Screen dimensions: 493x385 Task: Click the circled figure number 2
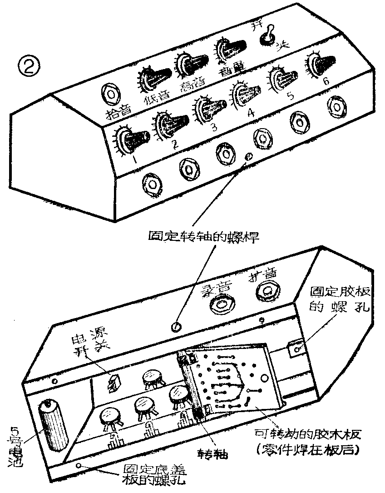tap(29, 67)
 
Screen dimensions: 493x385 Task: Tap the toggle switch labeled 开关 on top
tap(269, 36)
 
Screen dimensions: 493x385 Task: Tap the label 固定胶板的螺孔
tap(340, 298)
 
